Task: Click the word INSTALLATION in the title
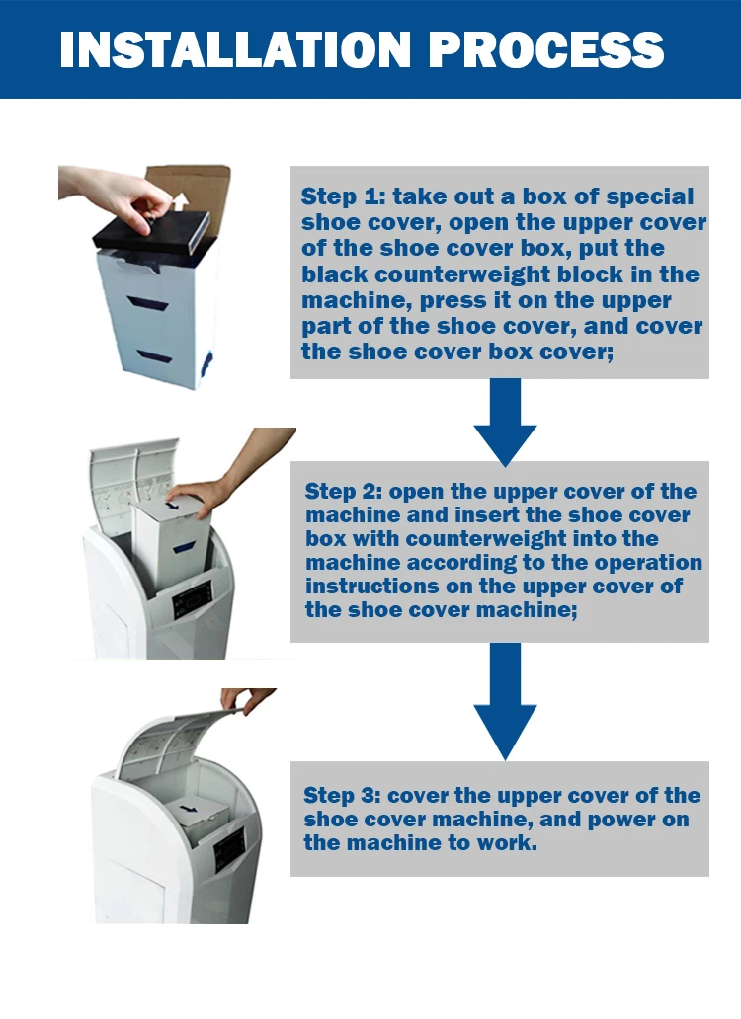[235, 49]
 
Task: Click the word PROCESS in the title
[546, 49]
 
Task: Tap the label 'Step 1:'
[343, 196]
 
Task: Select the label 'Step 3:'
[342, 796]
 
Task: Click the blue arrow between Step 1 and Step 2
[505, 421]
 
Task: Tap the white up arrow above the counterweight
[180, 201]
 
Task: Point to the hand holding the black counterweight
[117, 195]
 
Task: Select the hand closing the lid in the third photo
[246, 700]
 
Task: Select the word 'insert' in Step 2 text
[486, 515]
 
